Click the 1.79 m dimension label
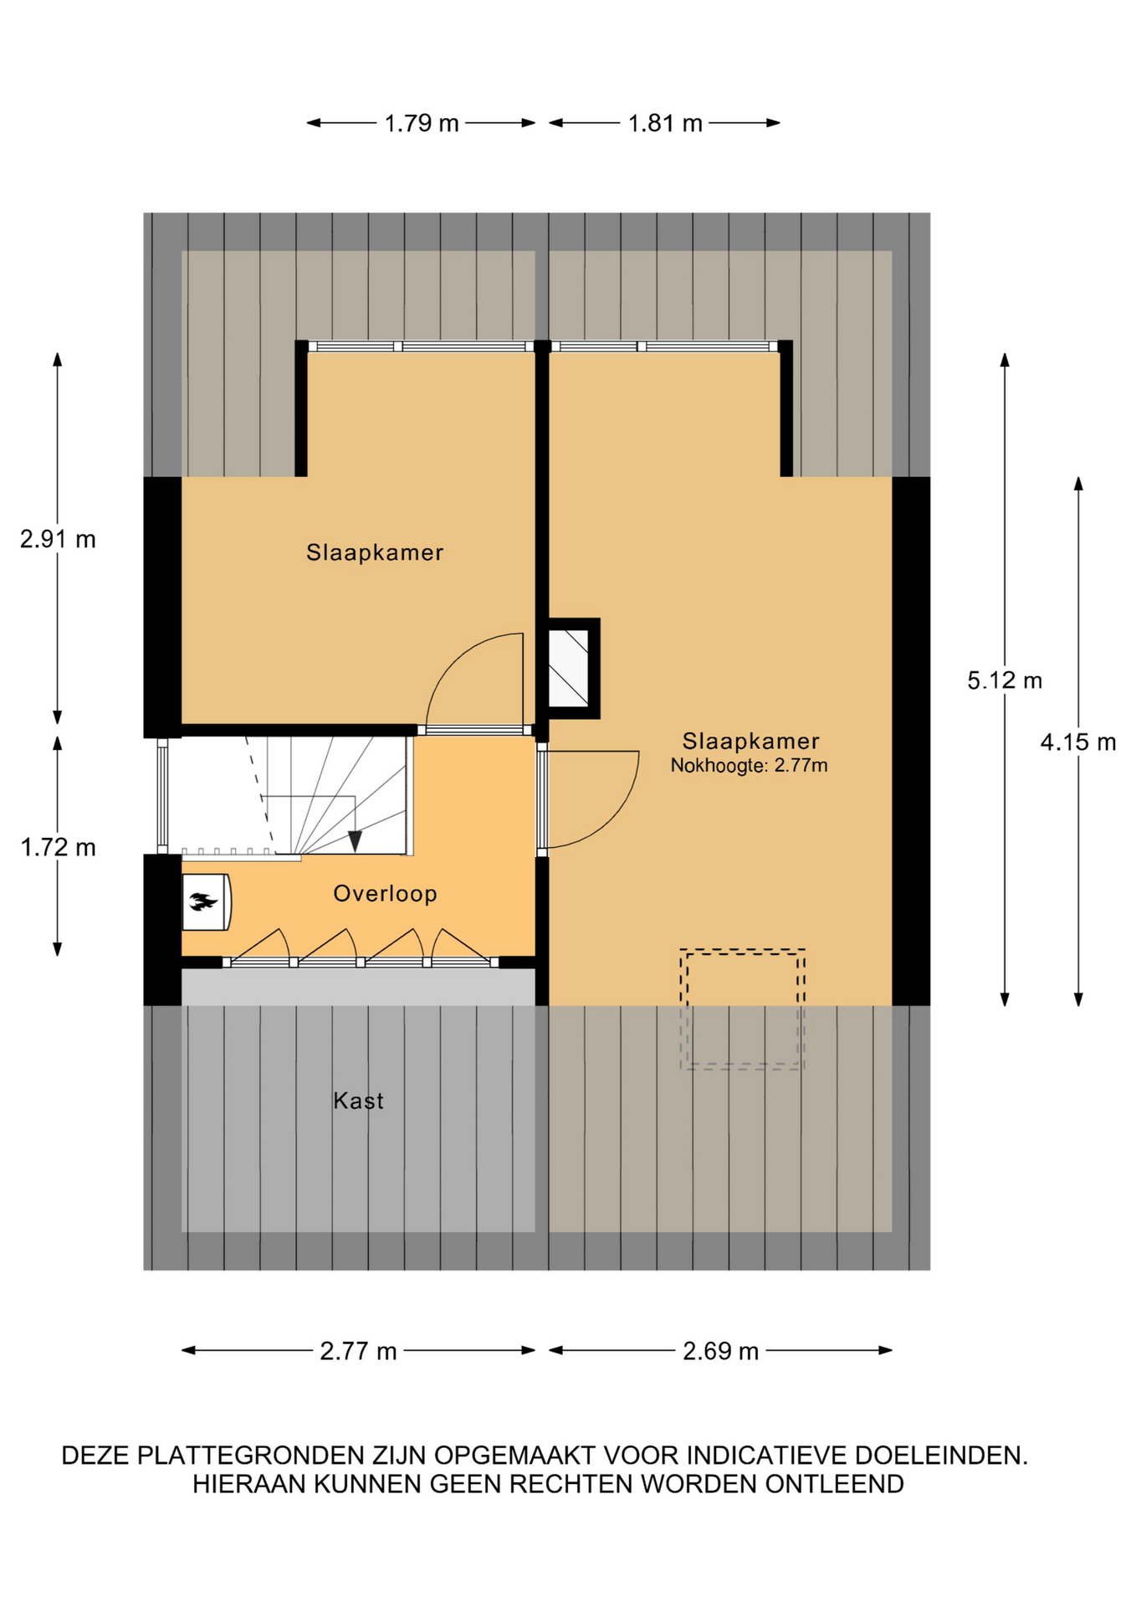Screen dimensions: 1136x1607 [x=422, y=124]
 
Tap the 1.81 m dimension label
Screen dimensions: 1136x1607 [x=665, y=124]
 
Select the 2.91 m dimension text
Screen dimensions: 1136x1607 [x=58, y=540]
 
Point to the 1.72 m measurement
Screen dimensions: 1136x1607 [x=58, y=848]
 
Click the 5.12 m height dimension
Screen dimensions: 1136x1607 [x=1005, y=680]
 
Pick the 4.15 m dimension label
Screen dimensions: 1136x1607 [x=1078, y=742]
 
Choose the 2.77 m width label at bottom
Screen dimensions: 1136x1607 [x=358, y=1351]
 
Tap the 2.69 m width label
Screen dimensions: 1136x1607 [x=720, y=1351]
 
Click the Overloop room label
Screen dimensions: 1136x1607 [x=385, y=894]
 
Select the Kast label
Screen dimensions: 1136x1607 [x=358, y=1101]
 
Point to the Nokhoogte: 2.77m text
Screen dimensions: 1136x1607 [x=749, y=765]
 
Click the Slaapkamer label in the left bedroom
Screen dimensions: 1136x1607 [x=375, y=552]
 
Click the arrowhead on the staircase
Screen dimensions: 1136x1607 [x=355, y=841]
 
